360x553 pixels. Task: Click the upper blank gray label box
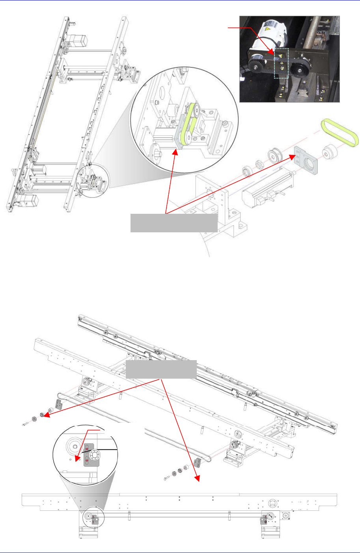pyautogui.click(x=173, y=223)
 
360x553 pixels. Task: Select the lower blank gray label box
pyautogui.click(x=161, y=369)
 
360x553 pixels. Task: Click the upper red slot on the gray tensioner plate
pyautogui.click(x=87, y=449)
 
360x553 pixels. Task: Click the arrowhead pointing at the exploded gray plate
pyautogui.click(x=293, y=157)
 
